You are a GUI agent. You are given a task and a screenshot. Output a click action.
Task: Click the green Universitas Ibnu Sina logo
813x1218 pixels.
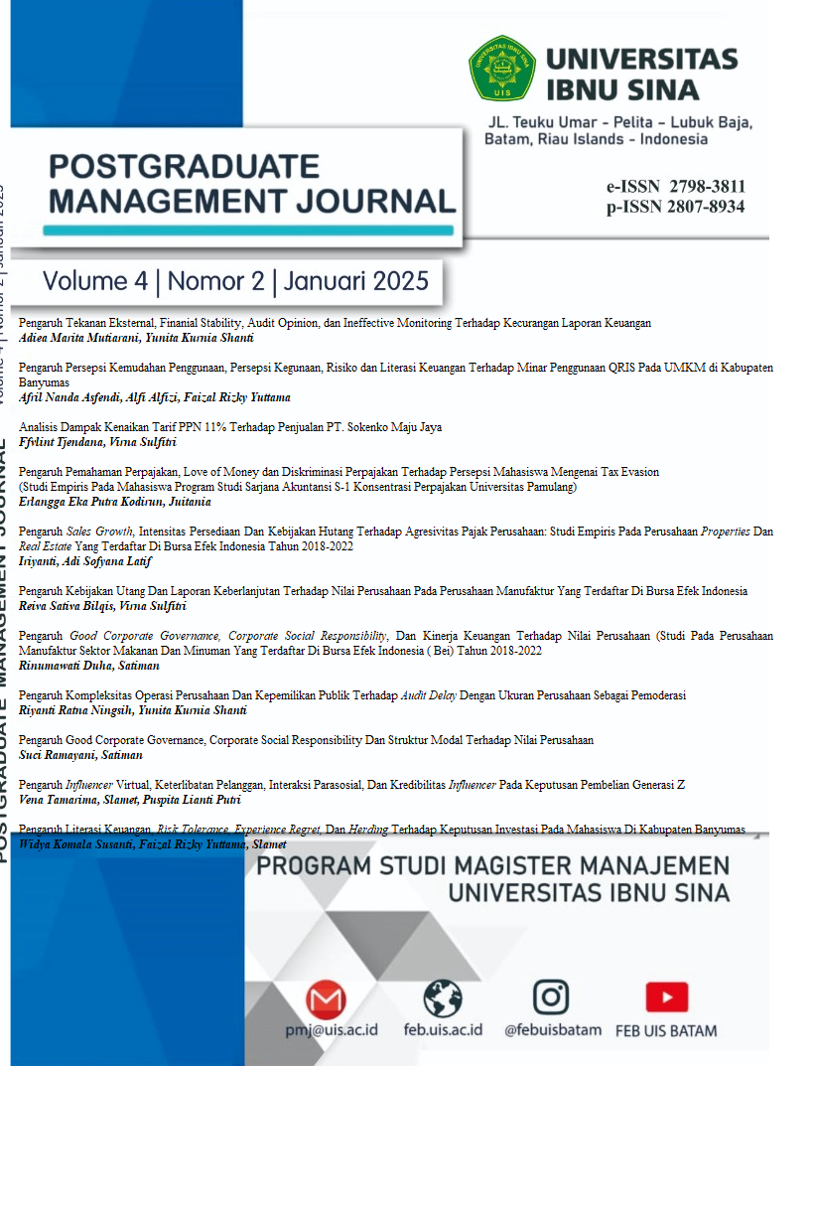click(x=501, y=69)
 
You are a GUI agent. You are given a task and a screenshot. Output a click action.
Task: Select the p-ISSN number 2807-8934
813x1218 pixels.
click(x=707, y=207)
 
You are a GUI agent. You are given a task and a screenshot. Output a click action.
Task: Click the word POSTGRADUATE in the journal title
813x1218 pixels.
click(x=184, y=165)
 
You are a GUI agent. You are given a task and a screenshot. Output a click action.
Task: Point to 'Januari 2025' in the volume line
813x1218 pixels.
click(x=355, y=281)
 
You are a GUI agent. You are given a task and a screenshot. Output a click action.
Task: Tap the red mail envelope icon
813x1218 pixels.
click(x=326, y=997)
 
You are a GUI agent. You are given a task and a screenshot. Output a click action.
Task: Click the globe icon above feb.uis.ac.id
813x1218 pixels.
click(x=443, y=997)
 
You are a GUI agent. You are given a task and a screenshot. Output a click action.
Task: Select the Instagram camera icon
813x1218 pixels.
click(x=551, y=996)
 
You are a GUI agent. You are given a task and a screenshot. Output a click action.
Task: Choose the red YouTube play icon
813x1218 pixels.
click(x=666, y=997)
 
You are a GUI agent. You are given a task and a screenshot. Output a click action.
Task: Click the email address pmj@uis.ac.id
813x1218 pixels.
click(x=331, y=1029)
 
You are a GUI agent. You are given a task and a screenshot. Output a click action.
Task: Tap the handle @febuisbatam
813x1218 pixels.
click(x=552, y=1029)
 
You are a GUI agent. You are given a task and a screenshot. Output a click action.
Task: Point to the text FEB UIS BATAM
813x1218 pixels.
click(x=666, y=1030)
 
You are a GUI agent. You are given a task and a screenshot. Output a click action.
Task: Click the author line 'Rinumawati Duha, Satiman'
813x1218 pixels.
click(x=89, y=666)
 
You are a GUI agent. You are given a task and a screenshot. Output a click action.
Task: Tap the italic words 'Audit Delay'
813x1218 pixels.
click(x=428, y=695)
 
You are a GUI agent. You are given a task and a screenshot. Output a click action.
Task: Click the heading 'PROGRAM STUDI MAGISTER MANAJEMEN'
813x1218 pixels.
click(x=492, y=865)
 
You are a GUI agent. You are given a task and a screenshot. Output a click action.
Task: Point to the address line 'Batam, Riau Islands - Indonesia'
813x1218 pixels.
click(x=596, y=139)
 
